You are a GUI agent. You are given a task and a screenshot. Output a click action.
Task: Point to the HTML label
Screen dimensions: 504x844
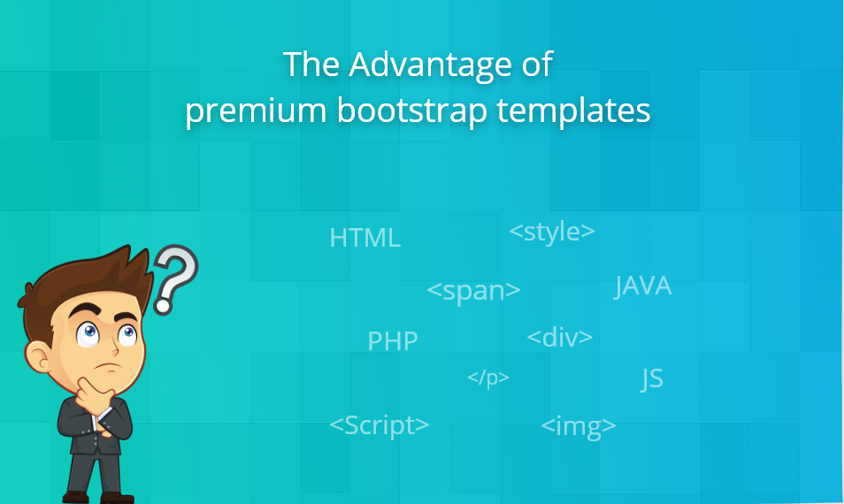(x=364, y=238)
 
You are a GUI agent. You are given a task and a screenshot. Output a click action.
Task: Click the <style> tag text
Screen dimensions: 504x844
(x=552, y=232)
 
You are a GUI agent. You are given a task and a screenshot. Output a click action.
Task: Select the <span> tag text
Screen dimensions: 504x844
(x=473, y=290)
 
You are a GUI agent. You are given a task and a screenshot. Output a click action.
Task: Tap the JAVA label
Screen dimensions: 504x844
(x=643, y=286)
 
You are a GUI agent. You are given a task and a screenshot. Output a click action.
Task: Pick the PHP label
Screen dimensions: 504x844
(x=393, y=340)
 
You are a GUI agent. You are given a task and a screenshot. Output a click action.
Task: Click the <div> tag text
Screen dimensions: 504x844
(x=560, y=337)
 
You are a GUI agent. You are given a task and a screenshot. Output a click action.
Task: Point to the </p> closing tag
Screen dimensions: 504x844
(x=488, y=378)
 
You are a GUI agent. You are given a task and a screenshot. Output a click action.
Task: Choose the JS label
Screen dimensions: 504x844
(x=652, y=379)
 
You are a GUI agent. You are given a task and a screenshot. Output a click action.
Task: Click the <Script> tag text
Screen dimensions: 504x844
(x=380, y=424)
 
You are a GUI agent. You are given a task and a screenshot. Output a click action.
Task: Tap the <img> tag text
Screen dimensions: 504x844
(x=579, y=426)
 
